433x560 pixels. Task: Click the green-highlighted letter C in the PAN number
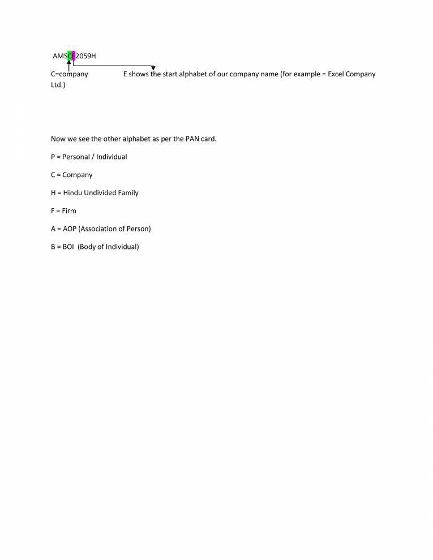click(x=69, y=55)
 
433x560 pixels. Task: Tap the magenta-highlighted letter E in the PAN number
click(x=74, y=55)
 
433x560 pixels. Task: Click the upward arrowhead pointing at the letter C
click(x=69, y=63)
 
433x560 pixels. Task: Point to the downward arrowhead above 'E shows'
click(x=153, y=68)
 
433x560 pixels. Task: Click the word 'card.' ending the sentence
click(x=209, y=139)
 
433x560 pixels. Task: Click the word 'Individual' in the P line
click(x=112, y=157)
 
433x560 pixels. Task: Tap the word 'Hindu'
click(x=72, y=193)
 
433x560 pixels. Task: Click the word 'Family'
click(x=128, y=193)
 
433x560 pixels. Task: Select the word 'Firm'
click(x=69, y=211)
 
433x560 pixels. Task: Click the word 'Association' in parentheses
click(x=100, y=229)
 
